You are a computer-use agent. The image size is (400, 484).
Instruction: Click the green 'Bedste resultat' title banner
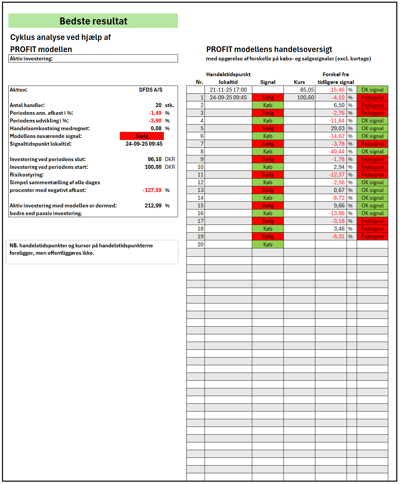[x=93, y=21]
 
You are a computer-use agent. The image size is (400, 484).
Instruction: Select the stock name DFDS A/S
[x=150, y=90]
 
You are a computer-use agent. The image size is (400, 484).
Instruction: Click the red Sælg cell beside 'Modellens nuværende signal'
[x=142, y=136]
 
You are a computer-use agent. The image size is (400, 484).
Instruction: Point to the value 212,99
[x=153, y=205]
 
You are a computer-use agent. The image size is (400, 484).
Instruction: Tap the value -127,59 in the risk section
[x=152, y=190]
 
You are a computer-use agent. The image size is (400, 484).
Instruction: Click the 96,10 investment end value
[x=154, y=159]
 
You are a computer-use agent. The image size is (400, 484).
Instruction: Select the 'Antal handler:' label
[x=27, y=105]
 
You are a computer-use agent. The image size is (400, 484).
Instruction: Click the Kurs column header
[x=299, y=82]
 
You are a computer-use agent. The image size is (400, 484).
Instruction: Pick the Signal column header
[x=268, y=82]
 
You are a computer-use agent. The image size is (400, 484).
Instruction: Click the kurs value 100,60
[x=305, y=98]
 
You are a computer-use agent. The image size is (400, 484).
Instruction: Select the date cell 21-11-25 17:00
[x=228, y=90]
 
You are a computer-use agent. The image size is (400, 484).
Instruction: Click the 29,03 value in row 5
[x=338, y=128]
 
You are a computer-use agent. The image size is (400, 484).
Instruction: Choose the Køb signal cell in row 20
[x=268, y=244]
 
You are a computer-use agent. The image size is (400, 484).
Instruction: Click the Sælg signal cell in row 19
[x=268, y=236]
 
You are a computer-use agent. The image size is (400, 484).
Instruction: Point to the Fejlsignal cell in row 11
[x=372, y=175]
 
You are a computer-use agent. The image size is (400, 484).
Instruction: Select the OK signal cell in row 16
[x=372, y=213]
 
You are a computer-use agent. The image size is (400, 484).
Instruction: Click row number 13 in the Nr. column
[x=201, y=190]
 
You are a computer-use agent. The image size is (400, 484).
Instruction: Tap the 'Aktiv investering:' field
[x=93, y=59]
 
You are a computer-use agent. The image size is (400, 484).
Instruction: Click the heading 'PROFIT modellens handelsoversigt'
[x=269, y=49]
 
